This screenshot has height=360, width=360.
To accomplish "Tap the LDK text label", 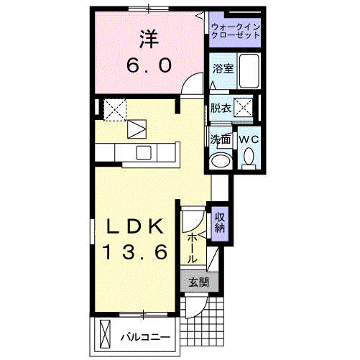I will tap(137, 226).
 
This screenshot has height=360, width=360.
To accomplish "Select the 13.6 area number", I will tap(137, 251).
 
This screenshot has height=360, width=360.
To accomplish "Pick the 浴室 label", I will tap(222, 69).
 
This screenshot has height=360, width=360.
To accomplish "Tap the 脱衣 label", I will tap(220, 109).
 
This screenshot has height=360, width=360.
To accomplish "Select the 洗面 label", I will tap(220, 139).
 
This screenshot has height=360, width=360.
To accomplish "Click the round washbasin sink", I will tap(222, 159).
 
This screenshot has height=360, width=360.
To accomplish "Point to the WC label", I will tap(249, 139).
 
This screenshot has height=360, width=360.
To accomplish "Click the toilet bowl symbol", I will tap(249, 156).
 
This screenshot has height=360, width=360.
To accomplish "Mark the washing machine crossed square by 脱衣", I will tap(245, 109).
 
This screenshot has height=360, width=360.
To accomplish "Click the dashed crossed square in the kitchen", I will tap(115, 109).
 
